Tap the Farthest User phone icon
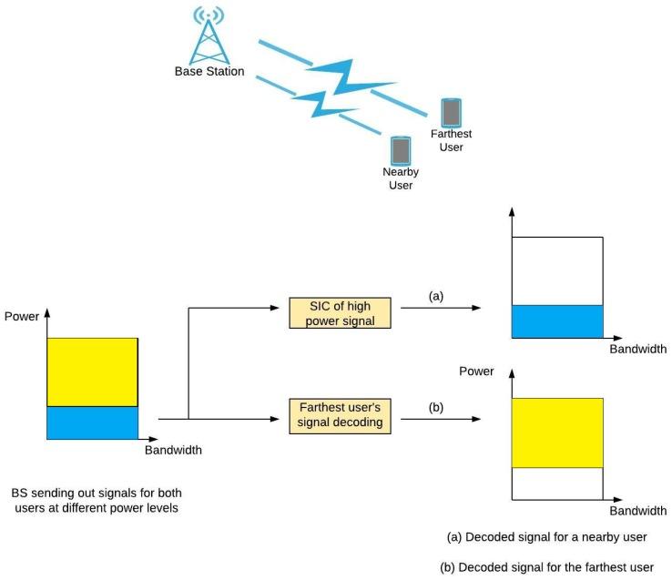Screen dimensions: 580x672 (x=451, y=113)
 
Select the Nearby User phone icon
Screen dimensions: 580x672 (x=400, y=150)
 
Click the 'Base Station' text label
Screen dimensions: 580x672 (x=209, y=71)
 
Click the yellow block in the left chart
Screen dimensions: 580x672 (x=91, y=371)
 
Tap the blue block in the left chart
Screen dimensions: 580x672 (x=91, y=423)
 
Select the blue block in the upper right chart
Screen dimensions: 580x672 (x=557, y=321)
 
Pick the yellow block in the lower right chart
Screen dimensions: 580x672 (x=557, y=432)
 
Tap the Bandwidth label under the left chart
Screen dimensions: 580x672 (x=173, y=450)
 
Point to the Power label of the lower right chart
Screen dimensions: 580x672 (x=476, y=371)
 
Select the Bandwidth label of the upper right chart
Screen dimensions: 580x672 (x=638, y=349)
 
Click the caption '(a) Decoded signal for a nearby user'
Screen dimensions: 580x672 (x=546, y=536)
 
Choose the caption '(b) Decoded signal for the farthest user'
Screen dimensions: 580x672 (x=546, y=566)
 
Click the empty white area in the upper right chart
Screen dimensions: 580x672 (x=557, y=270)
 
